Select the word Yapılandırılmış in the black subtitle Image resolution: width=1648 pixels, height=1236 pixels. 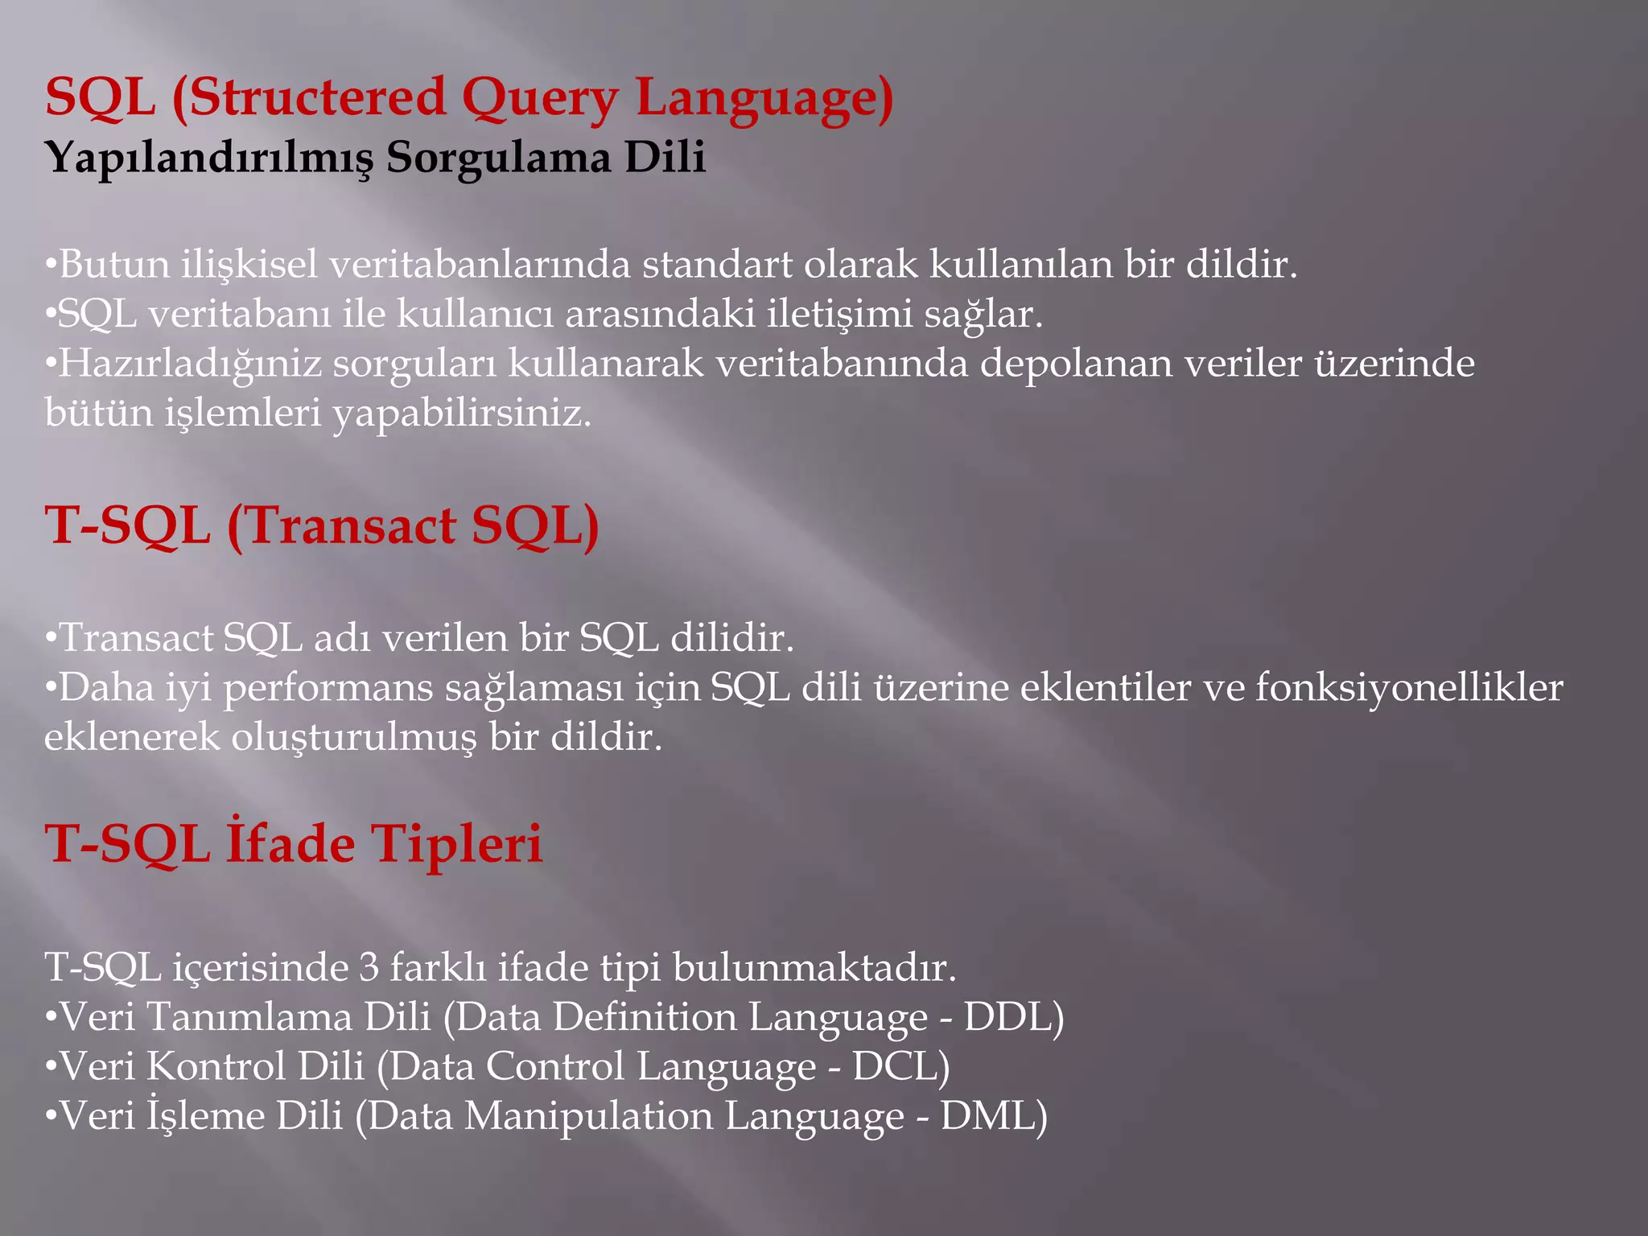210,158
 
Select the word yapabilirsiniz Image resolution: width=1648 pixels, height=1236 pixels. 462,414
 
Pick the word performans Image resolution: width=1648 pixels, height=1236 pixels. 328,688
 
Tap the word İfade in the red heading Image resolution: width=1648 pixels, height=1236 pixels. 290,844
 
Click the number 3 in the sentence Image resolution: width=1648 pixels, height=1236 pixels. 369,967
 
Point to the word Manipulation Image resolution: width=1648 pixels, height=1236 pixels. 589,1117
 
